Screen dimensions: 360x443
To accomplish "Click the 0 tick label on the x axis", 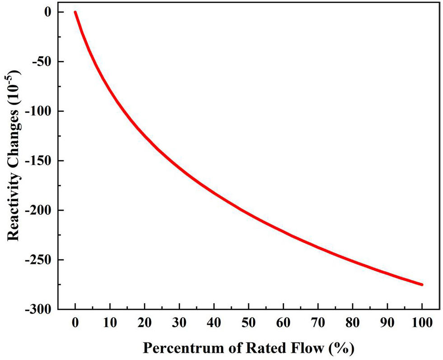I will pos(75,323).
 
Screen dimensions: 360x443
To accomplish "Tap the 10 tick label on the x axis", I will pos(110,323).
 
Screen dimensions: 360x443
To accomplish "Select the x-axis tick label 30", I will pos(179,323).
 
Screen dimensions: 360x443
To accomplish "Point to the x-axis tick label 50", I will pos(249,323).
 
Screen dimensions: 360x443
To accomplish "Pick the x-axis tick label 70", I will pos(318,323).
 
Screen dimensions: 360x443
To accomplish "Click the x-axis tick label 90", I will pos(388,323).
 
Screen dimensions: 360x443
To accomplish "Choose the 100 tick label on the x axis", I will pos(422,323).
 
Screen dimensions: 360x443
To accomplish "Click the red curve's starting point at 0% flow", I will pos(75,12).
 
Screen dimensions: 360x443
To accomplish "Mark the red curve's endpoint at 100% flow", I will pos(422,285).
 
